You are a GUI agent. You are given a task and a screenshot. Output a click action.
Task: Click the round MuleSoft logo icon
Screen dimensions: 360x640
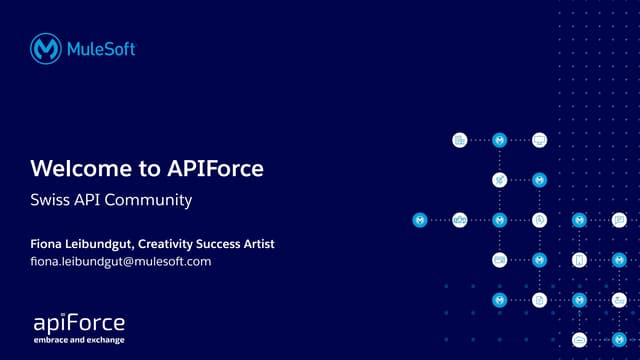click(x=46, y=48)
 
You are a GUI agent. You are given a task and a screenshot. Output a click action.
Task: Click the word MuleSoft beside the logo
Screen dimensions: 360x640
click(x=101, y=48)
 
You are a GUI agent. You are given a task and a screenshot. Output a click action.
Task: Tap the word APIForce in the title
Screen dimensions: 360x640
click(x=209, y=168)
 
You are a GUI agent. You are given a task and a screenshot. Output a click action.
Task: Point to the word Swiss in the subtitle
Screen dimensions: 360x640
click(x=49, y=201)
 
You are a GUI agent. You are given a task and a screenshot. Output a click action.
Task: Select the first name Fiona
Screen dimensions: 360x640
click(x=49, y=244)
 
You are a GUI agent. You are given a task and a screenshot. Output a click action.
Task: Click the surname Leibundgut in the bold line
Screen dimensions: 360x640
click(x=101, y=244)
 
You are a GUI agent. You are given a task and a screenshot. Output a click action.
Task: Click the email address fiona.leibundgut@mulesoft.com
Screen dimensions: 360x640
click(x=121, y=262)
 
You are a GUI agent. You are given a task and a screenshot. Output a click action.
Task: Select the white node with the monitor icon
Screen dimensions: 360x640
click(x=540, y=140)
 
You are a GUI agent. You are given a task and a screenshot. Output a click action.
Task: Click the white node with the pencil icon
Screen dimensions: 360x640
click(x=500, y=180)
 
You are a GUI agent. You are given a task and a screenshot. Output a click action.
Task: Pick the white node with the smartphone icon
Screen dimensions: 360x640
click(x=579, y=260)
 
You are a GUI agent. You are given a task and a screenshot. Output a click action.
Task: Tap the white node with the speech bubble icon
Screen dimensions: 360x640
click(x=619, y=220)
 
